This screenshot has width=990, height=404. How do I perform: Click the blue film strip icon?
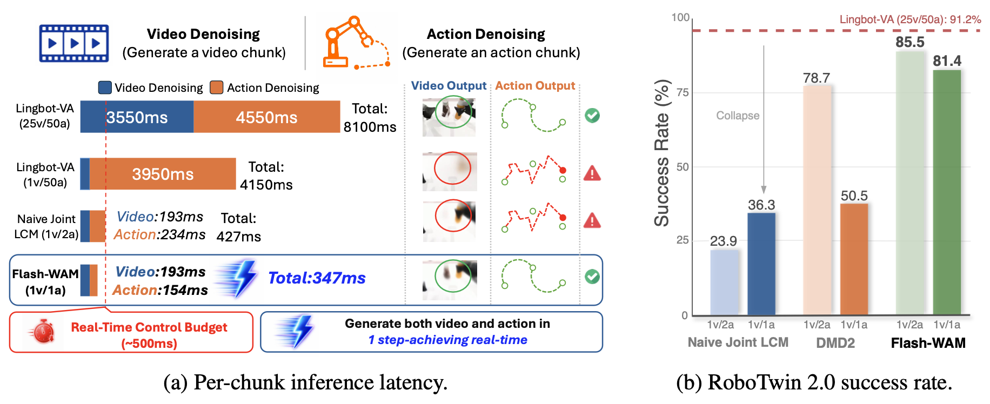(74, 43)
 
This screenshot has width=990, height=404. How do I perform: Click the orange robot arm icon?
(356, 43)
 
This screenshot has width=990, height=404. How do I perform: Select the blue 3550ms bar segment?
(137, 117)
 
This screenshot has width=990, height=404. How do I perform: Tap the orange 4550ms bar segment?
(267, 117)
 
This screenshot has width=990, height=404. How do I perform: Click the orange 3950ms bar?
(163, 174)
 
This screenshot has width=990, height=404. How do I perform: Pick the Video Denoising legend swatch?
(105, 87)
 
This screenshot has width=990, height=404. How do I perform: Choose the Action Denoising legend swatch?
(217, 87)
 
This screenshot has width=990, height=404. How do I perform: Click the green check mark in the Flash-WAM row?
(592, 277)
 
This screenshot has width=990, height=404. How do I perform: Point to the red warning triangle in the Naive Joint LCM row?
(592, 220)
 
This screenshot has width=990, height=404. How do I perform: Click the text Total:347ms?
(317, 278)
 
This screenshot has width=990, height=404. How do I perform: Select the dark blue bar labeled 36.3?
(761, 264)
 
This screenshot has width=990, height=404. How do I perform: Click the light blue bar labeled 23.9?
(724, 282)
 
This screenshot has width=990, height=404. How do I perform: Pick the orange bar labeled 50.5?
(854, 259)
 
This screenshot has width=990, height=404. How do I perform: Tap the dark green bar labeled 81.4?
(947, 192)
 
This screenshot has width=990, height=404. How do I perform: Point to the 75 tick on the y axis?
(683, 92)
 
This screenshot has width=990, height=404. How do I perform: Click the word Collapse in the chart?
(738, 116)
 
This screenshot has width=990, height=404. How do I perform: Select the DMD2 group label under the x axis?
(835, 343)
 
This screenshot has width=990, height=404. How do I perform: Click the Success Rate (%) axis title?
(663, 153)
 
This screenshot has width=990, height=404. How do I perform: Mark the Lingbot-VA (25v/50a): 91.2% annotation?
(910, 19)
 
